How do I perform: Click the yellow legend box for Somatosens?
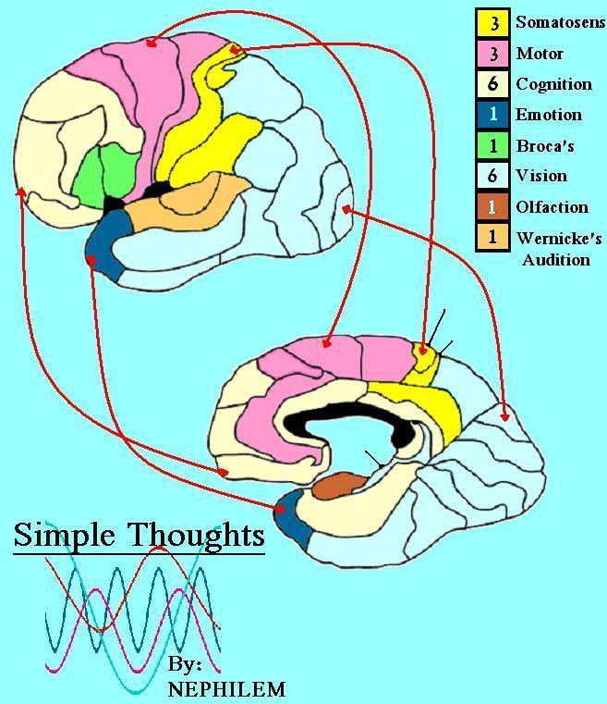[x=492, y=23]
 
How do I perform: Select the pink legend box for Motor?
[x=492, y=54]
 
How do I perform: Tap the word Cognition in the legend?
[x=553, y=84]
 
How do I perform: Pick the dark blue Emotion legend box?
[x=492, y=115]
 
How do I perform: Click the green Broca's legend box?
[x=492, y=145]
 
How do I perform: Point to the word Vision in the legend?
[x=541, y=176]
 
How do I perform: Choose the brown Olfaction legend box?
[x=492, y=206]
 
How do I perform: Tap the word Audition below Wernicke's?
[x=555, y=260]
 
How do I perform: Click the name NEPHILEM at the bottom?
[x=225, y=689]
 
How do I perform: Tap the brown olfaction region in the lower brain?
[x=341, y=484]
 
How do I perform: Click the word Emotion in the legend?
[x=548, y=115]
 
